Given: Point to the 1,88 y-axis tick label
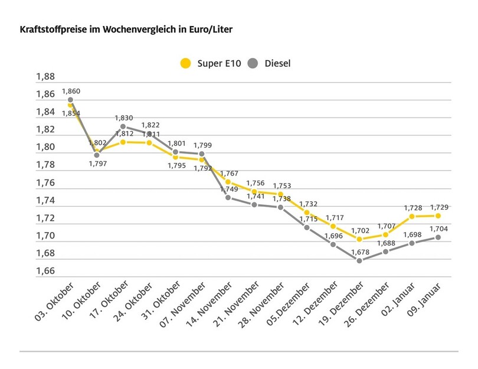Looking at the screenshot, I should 45,77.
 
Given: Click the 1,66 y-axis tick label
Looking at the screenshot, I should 45,272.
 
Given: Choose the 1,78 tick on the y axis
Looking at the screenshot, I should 45,165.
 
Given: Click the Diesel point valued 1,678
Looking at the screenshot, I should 359,260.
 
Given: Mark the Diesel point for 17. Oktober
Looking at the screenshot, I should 123,126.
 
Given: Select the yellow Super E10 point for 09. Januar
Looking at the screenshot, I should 438,216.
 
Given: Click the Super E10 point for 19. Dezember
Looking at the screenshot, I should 359,239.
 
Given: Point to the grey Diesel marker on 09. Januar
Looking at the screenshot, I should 438,237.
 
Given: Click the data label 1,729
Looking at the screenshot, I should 438,207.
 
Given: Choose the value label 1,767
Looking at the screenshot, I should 229,173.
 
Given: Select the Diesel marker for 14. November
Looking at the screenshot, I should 228,197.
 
